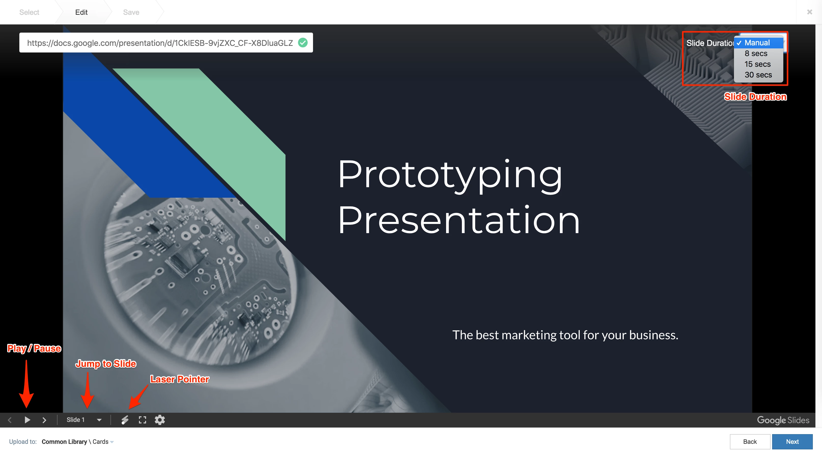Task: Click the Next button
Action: (x=792, y=442)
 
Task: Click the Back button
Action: (x=750, y=442)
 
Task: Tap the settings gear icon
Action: (x=160, y=420)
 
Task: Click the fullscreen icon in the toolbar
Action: (x=142, y=420)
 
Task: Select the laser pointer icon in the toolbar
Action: (x=125, y=420)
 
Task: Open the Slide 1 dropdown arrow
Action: (x=99, y=420)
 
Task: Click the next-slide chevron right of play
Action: (x=44, y=420)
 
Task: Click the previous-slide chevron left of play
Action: (x=10, y=420)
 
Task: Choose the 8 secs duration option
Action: (x=756, y=53)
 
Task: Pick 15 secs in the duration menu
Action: (x=758, y=64)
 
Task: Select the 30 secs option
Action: (x=758, y=75)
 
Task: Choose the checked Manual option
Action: (x=757, y=43)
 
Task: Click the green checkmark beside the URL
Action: (x=303, y=43)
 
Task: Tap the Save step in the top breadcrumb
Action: (x=131, y=12)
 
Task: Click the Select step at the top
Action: (x=29, y=12)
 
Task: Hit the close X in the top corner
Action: (x=810, y=12)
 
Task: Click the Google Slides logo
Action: (x=783, y=420)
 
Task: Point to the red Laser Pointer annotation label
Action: (x=180, y=379)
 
